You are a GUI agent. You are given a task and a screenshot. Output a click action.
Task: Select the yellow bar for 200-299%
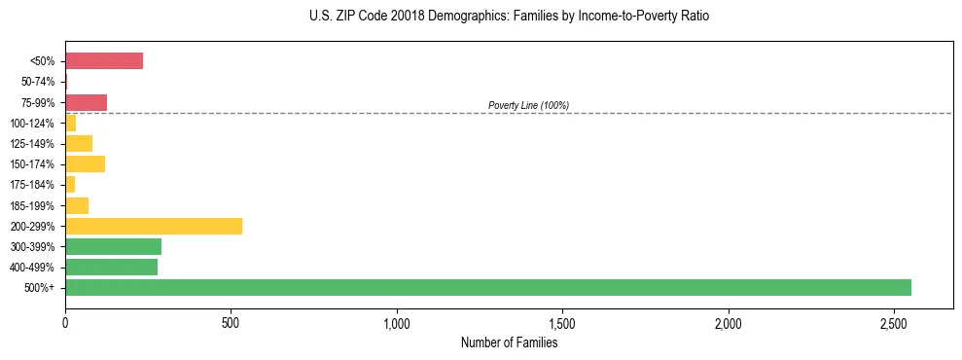click(154, 226)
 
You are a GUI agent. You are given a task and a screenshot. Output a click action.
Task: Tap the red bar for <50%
click(104, 61)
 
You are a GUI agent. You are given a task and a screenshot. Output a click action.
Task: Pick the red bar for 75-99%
click(86, 102)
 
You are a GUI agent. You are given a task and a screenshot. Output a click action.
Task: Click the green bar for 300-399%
click(113, 246)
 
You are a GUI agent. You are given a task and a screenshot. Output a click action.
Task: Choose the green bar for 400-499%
click(111, 267)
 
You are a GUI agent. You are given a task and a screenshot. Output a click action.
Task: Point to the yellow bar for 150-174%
click(85, 163)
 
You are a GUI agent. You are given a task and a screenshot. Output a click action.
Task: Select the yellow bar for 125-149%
click(79, 143)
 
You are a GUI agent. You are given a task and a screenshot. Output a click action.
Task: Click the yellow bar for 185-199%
click(77, 205)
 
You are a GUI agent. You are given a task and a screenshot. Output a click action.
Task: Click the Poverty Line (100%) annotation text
click(528, 105)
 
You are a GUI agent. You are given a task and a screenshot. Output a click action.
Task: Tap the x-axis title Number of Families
click(509, 342)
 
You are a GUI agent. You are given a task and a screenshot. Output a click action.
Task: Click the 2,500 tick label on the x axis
click(894, 322)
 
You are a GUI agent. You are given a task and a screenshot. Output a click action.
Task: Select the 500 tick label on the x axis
click(231, 322)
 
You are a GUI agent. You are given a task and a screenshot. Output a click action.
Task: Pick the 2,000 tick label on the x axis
click(729, 322)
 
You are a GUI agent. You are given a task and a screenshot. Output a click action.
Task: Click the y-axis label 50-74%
click(39, 82)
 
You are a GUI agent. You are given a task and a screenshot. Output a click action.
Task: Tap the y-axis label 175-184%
click(34, 185)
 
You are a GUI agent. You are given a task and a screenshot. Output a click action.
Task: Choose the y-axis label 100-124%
click(34, 123)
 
